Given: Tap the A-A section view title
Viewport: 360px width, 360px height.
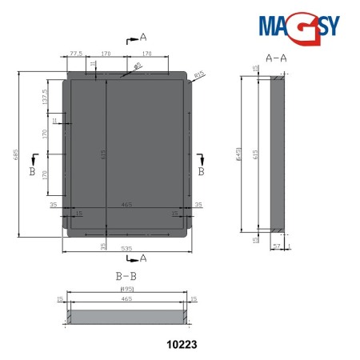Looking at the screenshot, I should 275,58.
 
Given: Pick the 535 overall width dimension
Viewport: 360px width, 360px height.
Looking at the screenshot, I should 127,248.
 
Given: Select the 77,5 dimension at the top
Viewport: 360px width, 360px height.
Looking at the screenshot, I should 77,54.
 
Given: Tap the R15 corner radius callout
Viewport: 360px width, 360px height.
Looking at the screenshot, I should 199,74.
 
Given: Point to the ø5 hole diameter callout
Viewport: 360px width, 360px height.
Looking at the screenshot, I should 138,66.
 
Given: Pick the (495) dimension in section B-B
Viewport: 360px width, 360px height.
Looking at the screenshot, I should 126,289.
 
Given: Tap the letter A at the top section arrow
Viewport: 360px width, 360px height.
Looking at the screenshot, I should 143,38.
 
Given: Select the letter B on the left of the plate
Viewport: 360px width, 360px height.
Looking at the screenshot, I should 31,171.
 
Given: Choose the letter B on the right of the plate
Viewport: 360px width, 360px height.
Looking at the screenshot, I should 202,171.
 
